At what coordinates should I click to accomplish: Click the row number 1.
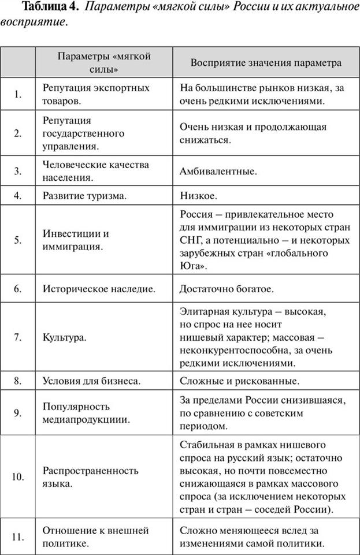tap(18, 94)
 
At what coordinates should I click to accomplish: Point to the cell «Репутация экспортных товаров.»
tap(96, 94)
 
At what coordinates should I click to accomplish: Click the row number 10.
tap(18, 477)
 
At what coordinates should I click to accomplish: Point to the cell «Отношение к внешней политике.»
tap(96, 537)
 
